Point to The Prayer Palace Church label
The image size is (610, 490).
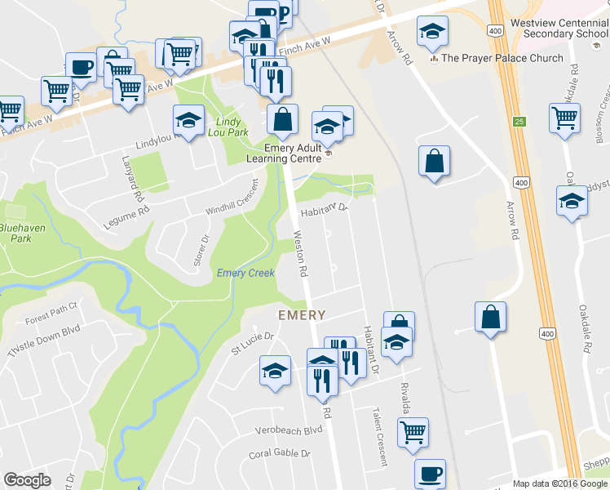502,58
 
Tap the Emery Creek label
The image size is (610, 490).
245,273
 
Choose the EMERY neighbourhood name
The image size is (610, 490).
302,314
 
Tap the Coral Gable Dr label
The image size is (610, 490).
281,454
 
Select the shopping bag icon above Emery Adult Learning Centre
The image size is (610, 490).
281,120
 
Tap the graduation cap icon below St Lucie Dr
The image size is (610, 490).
276,372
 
